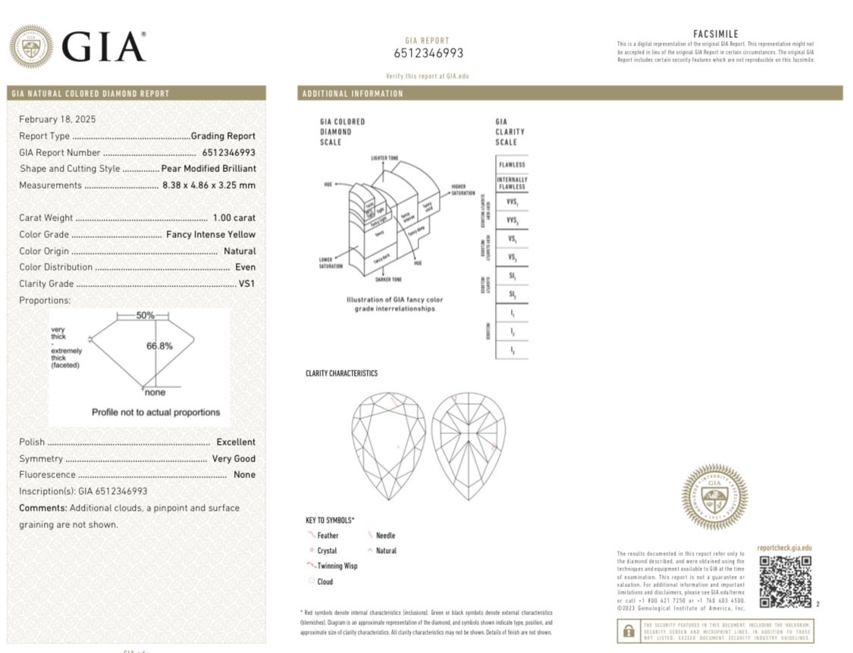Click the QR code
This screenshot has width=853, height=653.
pyautogui.click(x=785, y=582)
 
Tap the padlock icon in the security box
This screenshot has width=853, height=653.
pyautogui.click(x=628, y=631)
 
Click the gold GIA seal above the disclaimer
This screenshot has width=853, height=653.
pyautogui.click(x=713, y=496)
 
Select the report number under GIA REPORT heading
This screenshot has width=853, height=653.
pyautogui.click(x=428, y=53)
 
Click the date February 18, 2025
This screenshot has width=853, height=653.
pyautogui.click(x=58, y=119)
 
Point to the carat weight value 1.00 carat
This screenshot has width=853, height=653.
pyautogui.click(x=234, y=218)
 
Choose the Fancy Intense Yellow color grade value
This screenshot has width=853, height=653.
pyautogui.click(x=211, y=235)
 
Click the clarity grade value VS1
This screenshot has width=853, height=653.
pyautogui.click(x=247, y=284)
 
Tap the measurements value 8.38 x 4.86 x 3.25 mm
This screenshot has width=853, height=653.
pyautogui.click(x=209, y=186)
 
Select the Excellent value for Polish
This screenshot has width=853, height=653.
pyautogui.click(x=236, y=442)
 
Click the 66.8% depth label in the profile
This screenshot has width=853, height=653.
pyautogui.click(x=159, y=346)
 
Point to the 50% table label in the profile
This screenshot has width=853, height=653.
pyautogui.click(x=145, y=315)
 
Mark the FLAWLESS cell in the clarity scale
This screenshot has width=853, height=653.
pyautogui.click(x=512, y=164)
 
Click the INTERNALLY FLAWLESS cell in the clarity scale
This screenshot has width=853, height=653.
pyautogui.click(x=512, y=183)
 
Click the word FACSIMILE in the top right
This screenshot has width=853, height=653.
pyautogui.click(x=715, y=34)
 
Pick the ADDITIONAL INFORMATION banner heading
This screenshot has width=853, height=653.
pyautogui.click(x=353, y=94)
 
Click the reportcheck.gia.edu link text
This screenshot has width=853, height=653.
pyautogui.click(x=784, y=548)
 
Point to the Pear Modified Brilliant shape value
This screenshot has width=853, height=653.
pyautogui.click(x=209, y=169)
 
